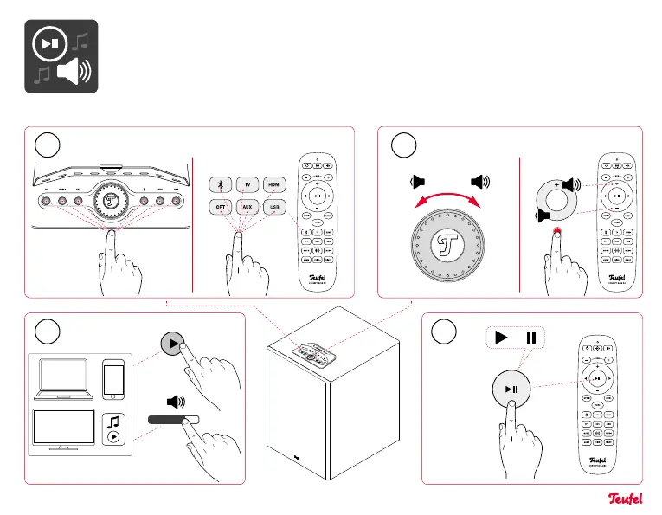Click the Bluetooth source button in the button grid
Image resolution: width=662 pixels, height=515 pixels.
(x=220, y=184)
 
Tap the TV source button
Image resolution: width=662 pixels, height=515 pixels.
(x=247, y=184)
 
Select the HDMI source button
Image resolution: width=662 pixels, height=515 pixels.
(x=274, y=184)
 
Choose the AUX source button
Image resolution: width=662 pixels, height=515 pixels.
(x=247, y=208)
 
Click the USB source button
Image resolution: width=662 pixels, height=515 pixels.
(x=274, y=208)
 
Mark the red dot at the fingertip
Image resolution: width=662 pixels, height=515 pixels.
(x=557, y=231)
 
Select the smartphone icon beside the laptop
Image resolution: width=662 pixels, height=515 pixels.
(x=115, y=379)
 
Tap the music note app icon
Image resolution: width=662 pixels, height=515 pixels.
(x=115, y=428)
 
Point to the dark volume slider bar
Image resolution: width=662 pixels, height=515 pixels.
(x=173, y=419)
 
